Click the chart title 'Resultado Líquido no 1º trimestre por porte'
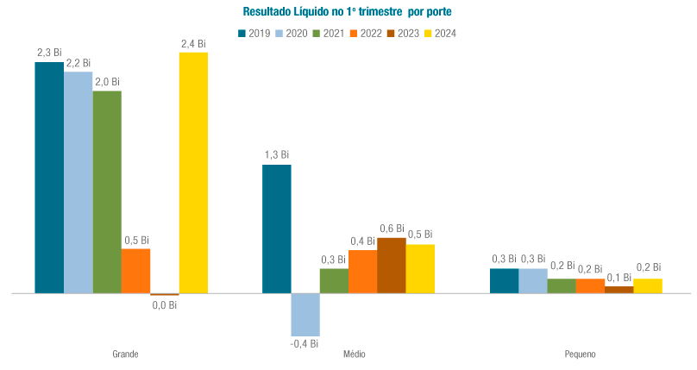(x=348, y=12)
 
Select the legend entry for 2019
(x=254, y=34)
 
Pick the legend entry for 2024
(x=439, y=34)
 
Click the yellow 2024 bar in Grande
(x=193, y=172)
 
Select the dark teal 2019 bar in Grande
(x=49, y=178)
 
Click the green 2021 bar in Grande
(x=107, y=191)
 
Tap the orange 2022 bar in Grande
(x=135, y=271)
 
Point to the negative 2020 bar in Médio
(x=305, y=314)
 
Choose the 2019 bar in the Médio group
(x=277, y=229)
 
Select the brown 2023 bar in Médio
(x=392, y=265)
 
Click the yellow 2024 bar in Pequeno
(x=648, y=285)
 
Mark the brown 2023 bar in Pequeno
(x=619, y=290)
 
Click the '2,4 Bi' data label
(x=193, y=43)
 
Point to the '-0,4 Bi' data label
(x=305, y=343)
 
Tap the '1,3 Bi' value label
(x=277, y=155)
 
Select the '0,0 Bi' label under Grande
(x=164, y=304)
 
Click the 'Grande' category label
(x=125, y=354)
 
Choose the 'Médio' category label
(x=354, y=354)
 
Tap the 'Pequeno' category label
(x=580, y=354)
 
